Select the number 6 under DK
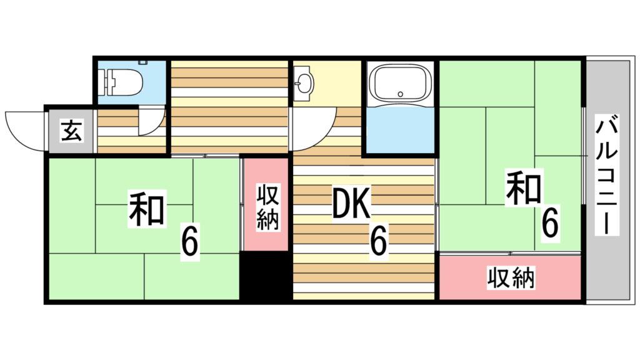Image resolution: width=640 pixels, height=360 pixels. [x=378, y=241]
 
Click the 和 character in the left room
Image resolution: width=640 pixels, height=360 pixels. [x=147, y=209]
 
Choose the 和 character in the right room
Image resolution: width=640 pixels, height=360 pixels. [x=524, y=188]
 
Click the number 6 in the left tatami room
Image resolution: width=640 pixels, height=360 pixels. [x=190, y=244]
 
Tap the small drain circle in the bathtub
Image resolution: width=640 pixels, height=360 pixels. [x=401, y=94]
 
